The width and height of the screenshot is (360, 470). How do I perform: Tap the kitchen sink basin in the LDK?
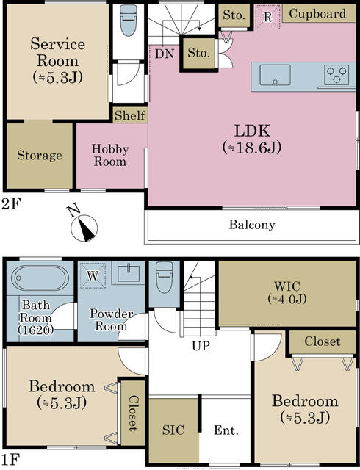[275, 75]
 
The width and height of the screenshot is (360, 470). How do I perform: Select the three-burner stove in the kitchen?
[336, 75]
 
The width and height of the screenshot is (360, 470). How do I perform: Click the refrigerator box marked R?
[267, 17]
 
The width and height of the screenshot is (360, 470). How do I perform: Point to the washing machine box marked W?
[93, 275]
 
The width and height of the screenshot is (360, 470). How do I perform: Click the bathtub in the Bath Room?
[40, 278]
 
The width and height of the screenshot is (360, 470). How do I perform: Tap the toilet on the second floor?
[129, 21]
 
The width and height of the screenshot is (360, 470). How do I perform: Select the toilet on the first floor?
[165, 278]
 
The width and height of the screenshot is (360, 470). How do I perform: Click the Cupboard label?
[317, 14]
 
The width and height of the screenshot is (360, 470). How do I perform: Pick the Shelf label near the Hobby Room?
[130, 115]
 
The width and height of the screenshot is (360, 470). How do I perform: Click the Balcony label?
[252, 225]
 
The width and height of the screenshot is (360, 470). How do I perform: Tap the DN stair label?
[165, 54]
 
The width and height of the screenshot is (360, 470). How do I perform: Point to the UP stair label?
[201, 346]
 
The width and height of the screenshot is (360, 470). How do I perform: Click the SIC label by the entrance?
[173, 430]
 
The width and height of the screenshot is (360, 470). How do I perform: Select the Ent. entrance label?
[226, 430]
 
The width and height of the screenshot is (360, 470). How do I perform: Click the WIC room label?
[287, 286]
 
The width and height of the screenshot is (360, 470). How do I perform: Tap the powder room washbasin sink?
[128, 273]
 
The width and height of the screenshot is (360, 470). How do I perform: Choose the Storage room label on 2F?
[40, 155]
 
